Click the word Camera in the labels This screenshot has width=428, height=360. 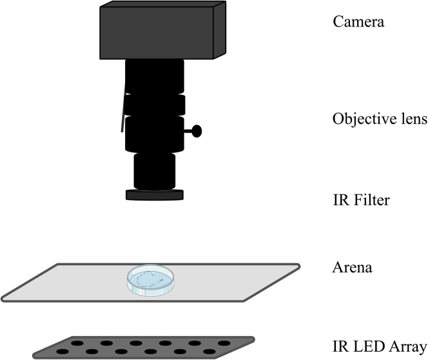[x=358, y=22]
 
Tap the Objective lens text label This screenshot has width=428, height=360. [x=379, y=120]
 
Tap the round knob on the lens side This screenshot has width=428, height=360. [x=196, y=132]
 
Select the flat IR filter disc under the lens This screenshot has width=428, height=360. [x=155, y=194]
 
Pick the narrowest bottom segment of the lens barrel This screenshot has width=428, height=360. [x=155, y=171]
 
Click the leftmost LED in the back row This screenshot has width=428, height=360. [x=77, y=343]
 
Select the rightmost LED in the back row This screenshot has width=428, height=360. [x=224, y=343]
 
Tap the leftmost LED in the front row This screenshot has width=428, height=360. [x=62, y=352]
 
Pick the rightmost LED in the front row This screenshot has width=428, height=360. [x=209, y=352]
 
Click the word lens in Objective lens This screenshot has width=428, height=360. [x=413, y=120]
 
